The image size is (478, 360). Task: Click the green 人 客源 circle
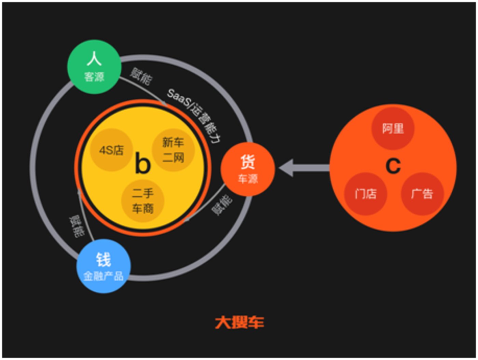pyautogui.click(x=94, y=67)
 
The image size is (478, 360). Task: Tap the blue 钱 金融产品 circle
pyautogui.click(x=104, y=266)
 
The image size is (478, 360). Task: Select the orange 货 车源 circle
pyautogui.click(x=248, y=169)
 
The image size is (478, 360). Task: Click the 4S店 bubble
pyautogui.click(x=111, y=150)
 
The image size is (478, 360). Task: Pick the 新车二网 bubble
pyautogui.click(x=173, y=150)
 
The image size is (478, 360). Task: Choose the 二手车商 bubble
pyautogui.click(x=142, y=201)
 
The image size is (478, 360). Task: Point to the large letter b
pyautogui.click(x=143, y=163)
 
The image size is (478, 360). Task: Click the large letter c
pyautogui.click(x=393, y=166)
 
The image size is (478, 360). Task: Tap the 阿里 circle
pyautogui.click(x=393, y=129)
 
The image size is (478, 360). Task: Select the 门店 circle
pyautogui.click(x=366, y=194)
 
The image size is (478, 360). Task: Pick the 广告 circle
pyautogui.click(x=422, y=194)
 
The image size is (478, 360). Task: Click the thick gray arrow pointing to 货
pyautogui.click(x=304, y=168)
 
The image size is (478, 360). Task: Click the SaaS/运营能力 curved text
pyautogui.click(x=194, y=115)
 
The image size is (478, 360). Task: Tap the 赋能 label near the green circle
pyautogui.click(x=141, y=76)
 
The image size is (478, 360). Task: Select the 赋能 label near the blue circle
pyautogui.click(x=77, y=226)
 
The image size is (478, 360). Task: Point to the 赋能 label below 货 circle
pyautogui.click(x=222, y=205)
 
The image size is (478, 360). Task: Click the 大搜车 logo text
pyautogui.click(x=239, y=322)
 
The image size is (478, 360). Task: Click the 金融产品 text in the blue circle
pyautogui.click(x=104, y=276)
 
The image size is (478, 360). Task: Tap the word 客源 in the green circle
pyautogui.click(x=94, y=77)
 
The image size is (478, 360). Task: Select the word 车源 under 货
pyautogui.click(x=248, y=179)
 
